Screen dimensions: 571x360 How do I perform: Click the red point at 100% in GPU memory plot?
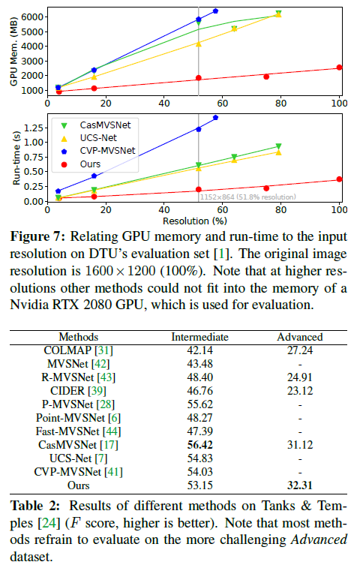(x=339, y=68)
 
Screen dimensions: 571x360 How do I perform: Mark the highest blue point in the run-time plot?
(x=216, y=117)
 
